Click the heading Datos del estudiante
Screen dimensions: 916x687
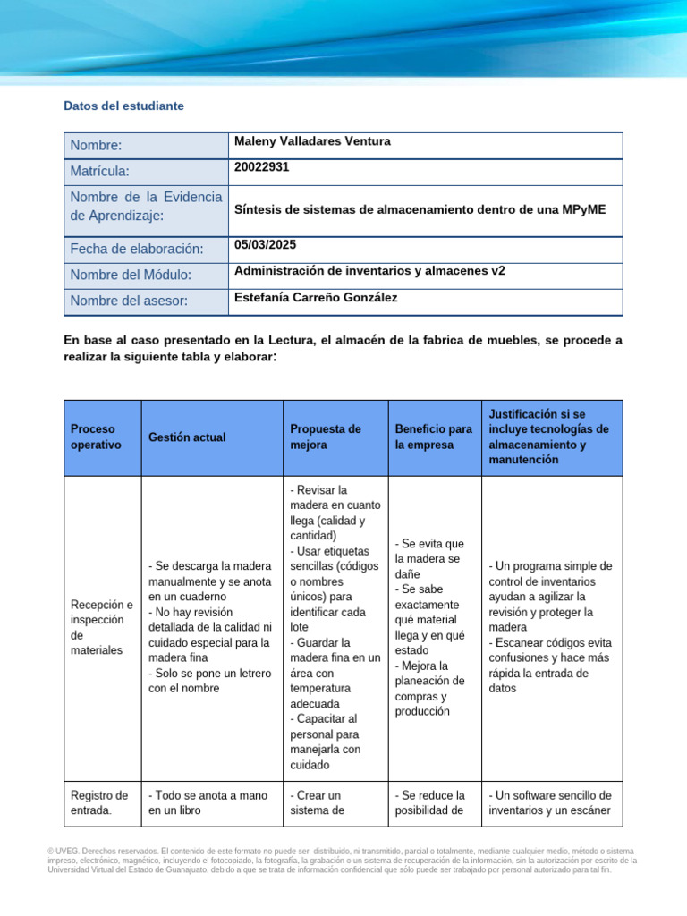click(x=123, y=106)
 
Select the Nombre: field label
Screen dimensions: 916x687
click(x=96, y=146)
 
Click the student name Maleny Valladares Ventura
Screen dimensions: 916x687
click(x=311, y=141)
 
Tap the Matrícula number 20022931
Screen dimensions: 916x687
click(x=261, y=166)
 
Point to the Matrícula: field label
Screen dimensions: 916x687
click(x=100, y=171)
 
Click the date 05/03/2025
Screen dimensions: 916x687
click(x=265, y=244)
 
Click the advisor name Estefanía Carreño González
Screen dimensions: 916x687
click(x=316, y=297)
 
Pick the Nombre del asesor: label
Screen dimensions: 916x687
click(x=129, y=301)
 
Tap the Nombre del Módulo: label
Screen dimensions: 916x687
click(x=131, y=276)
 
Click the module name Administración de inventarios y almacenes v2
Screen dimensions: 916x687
click(x=369, y=270)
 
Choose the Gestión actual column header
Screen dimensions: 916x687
click(x=187, y=437)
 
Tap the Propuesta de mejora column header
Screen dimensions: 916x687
click(x=326, y=437)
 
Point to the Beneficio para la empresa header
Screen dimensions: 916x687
click(x=434, y=437)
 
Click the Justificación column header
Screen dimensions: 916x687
click(x=549, y=437)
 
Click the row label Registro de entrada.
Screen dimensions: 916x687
click(x=99, y=803)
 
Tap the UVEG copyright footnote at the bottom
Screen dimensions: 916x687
click(x=343, y=860)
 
